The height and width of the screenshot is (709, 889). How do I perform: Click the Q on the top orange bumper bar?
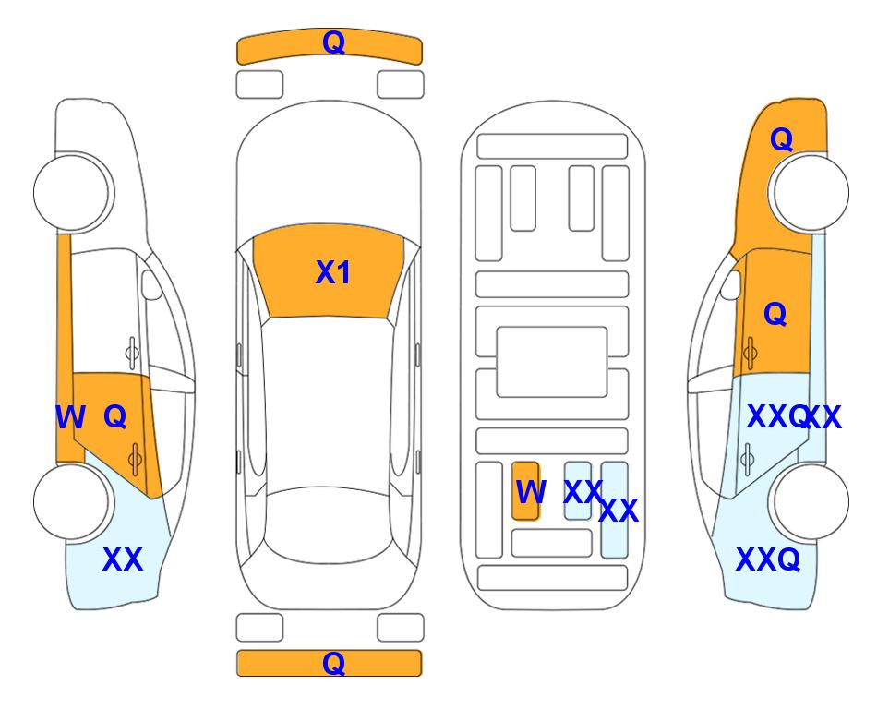[333, 42]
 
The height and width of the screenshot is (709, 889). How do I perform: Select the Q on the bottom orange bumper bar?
[333, 663]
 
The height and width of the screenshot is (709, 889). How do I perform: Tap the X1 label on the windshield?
[333, 272]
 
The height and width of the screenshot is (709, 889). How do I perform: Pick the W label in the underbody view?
[531, 492]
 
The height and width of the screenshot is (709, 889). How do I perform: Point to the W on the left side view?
[70, 417]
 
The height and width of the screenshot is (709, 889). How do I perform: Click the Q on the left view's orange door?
[115, 417]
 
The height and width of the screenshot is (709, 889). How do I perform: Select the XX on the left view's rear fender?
[123, 559]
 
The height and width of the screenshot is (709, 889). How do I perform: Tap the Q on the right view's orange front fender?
[781, 139]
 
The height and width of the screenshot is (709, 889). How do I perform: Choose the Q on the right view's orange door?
[775, 314]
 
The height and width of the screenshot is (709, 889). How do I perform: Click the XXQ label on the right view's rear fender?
[768, 559]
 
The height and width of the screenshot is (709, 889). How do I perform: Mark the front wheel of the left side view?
[73, 193]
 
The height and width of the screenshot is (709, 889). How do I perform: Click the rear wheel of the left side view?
[73, 501]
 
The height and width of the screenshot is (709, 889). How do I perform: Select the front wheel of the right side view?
[810, 193]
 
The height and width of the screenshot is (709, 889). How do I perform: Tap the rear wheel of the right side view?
[810, 501]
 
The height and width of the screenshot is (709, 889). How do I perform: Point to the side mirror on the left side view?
[150, 284]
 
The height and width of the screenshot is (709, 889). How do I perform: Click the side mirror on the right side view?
[731, 284]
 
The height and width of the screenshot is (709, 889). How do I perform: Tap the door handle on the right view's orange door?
[750, 353]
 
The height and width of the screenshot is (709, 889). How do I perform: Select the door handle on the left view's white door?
[131, 353]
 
